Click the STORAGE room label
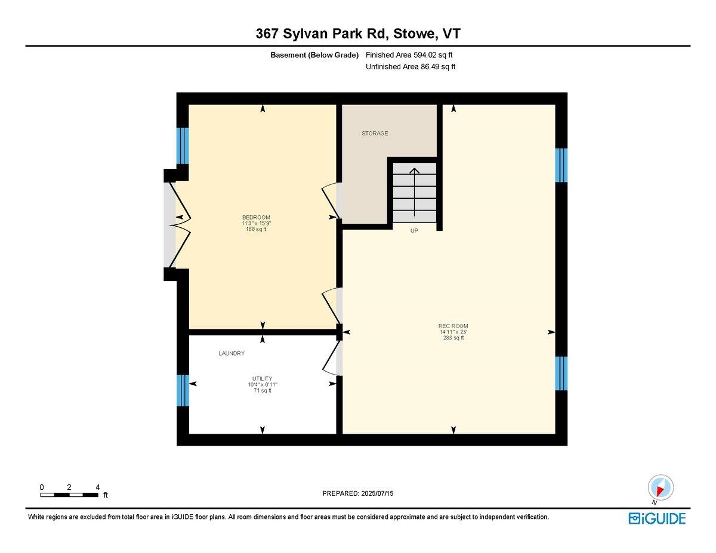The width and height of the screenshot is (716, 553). click(375, 134)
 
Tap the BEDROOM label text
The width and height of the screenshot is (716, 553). click(256, 217)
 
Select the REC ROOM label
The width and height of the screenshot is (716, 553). click(453, 326)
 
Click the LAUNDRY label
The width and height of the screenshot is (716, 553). click(232, 354)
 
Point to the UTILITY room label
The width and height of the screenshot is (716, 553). click(262, 378)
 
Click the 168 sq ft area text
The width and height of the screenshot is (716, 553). click(256, 229)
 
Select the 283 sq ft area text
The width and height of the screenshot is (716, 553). click(453, 338)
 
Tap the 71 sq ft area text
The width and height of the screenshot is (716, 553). click(262, 391)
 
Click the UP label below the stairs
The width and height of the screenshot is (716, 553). click(414, 230)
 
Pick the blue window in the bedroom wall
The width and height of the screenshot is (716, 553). click(183, 146)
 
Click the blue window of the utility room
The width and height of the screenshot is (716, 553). click(183, 390)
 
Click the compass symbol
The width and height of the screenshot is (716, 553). click(661, 489)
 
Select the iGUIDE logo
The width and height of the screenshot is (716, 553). click(657, 518)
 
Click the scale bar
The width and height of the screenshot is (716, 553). click(69, 495)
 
